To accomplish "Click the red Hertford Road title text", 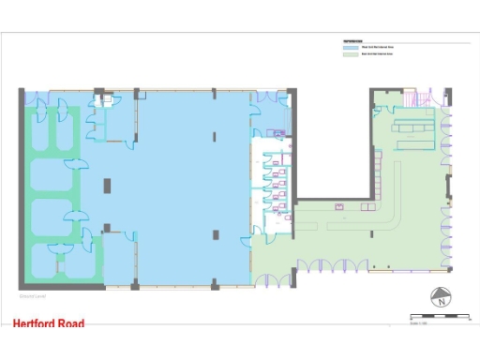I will coord(49,324).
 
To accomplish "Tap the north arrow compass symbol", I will coord(439,300).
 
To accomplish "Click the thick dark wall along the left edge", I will coord(21,187).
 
